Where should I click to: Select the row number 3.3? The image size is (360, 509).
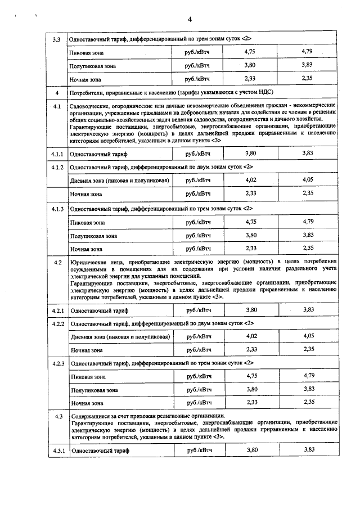(56, 39)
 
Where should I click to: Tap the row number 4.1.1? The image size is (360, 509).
(56, 153)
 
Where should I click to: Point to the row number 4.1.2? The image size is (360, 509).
(56, 167)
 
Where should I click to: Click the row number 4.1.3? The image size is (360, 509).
(56, 209)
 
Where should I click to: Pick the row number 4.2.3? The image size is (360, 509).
(56, 363)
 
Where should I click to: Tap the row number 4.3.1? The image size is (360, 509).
(56, 450)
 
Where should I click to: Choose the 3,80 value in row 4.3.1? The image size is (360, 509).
(251, 449)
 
